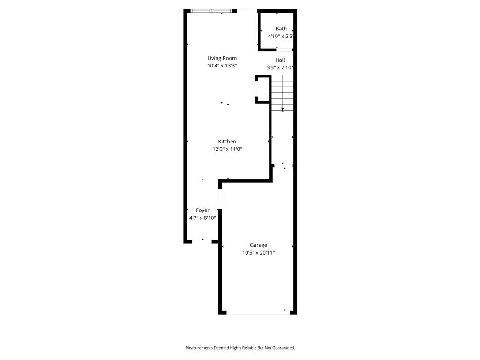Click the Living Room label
[x=222, y=58]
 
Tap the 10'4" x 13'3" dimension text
[x=222, y=66]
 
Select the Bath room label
[x=281, y=29]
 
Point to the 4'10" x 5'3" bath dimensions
[x=281, y=36]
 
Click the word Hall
[x=280, y=60]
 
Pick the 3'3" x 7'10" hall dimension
[x=280, y=67]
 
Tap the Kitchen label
[x=227, y=142]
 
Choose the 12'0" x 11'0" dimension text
[x=227, y=149]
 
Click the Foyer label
[x=202, y=210]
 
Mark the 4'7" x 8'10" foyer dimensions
[x=202, y=217]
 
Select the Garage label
[x=258, y=245]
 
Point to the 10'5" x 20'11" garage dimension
[x=258, y=253]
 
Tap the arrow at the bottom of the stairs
[x=283, y=109]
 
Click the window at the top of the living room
[x=211, y=11]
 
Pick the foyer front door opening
[x=202, y=241]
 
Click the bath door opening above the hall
[x=284, y=49]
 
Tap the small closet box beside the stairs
[x=263, y=89]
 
